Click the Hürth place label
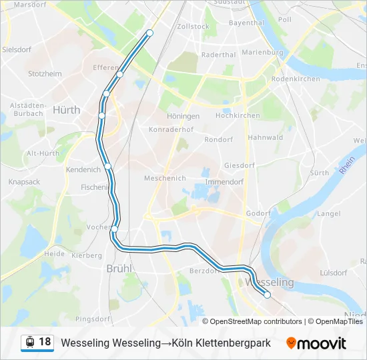pos(66,110)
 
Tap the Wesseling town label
pos(270,283)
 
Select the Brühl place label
pos(119,269)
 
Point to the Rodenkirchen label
pos(296,78)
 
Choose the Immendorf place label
pos(224,181)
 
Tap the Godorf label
pos(258,213)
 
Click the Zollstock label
pos(194,26)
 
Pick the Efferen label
pos(105,68)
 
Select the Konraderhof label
pos(171,129)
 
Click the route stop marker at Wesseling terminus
pos(267,295)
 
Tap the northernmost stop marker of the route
pos(149,33)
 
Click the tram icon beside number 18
pos(29,343)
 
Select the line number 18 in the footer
pos(45,342)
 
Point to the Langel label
pos(328,213)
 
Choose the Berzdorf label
pos(204,271)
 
